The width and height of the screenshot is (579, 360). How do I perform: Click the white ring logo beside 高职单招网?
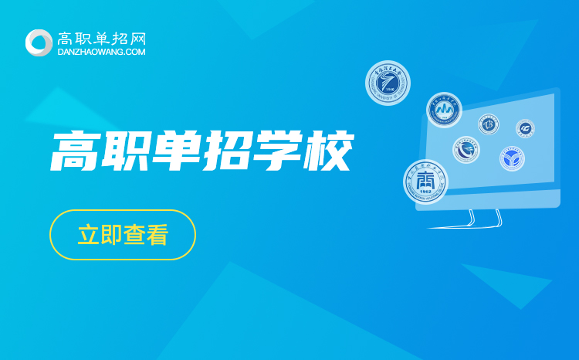click(x=39, y=42)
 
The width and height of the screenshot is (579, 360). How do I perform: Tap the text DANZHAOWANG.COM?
click(x=102, y=52)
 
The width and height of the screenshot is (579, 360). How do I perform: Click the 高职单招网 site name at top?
click(x=102, y=37)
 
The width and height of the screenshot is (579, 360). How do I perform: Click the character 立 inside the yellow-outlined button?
click(x=88, y=235)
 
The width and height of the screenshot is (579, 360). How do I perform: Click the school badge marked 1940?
click(x=388, y=83)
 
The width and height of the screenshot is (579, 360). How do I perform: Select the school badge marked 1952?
click(x=425, y=182)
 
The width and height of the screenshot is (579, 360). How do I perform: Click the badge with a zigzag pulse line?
click(x=444, y=110)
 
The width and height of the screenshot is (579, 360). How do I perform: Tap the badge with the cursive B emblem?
click(x=489, y=124)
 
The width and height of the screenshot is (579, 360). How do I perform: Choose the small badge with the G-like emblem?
click(x=526, y=127)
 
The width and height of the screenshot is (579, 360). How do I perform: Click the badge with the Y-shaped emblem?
click(x=511, y=158)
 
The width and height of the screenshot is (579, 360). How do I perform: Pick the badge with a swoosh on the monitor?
click(x=466, y=150)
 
